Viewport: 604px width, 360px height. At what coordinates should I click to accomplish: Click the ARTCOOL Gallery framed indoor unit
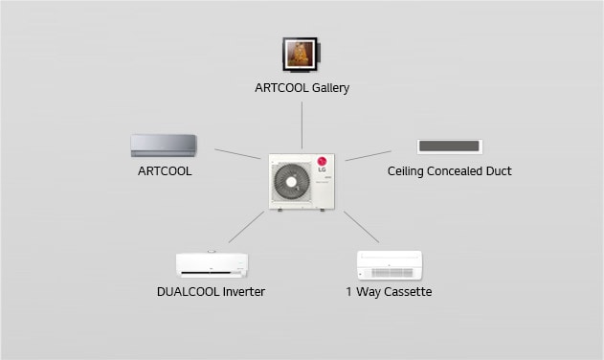click(x=301, y=54)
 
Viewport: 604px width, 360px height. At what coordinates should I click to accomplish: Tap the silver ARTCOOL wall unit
click(x=164, y=146)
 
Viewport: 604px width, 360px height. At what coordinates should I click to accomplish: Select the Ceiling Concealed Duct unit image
click(x=449, y=146)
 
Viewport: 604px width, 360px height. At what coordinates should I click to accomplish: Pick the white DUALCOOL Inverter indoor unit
click(x=212, y=264)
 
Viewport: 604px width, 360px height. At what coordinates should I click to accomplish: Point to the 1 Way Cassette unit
click(x=389, y=264)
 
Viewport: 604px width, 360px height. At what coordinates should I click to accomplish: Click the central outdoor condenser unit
click(x=302, y=182)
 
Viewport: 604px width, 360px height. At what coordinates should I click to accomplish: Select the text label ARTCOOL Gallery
click(x=302, y=88)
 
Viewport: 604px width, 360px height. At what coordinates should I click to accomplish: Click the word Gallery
click(x=330, y=88)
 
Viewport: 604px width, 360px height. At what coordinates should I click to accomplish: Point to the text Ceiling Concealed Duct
click(x=449, y=171)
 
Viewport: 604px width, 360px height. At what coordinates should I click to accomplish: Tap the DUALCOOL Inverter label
click(x=211, y=291)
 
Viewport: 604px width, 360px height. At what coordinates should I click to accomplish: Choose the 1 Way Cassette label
click(x=389, y=291)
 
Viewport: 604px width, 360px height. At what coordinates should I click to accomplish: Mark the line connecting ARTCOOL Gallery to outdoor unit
click(x=302, y=124)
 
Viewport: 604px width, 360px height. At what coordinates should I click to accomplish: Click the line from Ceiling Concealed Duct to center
click(x=368, y=155)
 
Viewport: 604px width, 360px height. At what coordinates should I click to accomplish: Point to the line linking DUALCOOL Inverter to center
click(x=246, y=227)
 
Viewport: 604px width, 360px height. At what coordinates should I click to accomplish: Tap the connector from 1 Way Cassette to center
click(x=361, y=227)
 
